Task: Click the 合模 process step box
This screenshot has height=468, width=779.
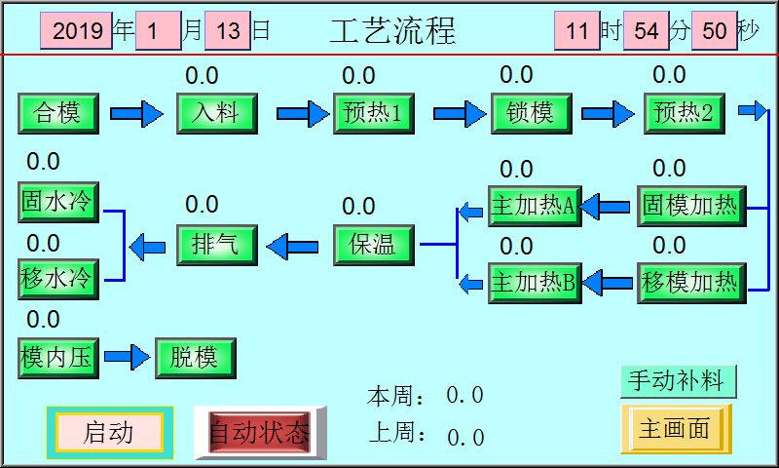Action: [x=57, y=113]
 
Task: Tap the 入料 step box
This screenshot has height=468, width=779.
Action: [x=216, y=113]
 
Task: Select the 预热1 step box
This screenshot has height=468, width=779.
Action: [x=373, y=113]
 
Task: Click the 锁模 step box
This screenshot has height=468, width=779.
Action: [x=531, y=113]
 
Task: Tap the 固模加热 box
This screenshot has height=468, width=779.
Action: [x=690, y=205]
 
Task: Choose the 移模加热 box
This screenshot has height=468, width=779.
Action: [x=690, y=283]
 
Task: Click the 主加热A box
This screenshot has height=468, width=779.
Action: [x=533, y=205]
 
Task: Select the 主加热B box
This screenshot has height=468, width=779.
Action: [x=533, y=283]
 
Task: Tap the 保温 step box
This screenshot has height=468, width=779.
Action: [x=373, y=244]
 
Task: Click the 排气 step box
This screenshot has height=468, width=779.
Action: [x=216, y=244]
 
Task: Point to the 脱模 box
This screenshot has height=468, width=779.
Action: [x=195, y=358]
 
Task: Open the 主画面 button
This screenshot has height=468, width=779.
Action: [x=675, y=429]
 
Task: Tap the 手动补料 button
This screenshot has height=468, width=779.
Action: [x=679, y=379]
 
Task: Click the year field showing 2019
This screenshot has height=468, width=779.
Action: [x=77, y=30]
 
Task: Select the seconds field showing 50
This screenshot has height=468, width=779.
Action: [x=714, y=30]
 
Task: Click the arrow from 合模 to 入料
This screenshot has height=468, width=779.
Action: [x=136, y=114]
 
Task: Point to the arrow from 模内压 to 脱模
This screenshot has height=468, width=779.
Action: [x=129, y=358]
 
